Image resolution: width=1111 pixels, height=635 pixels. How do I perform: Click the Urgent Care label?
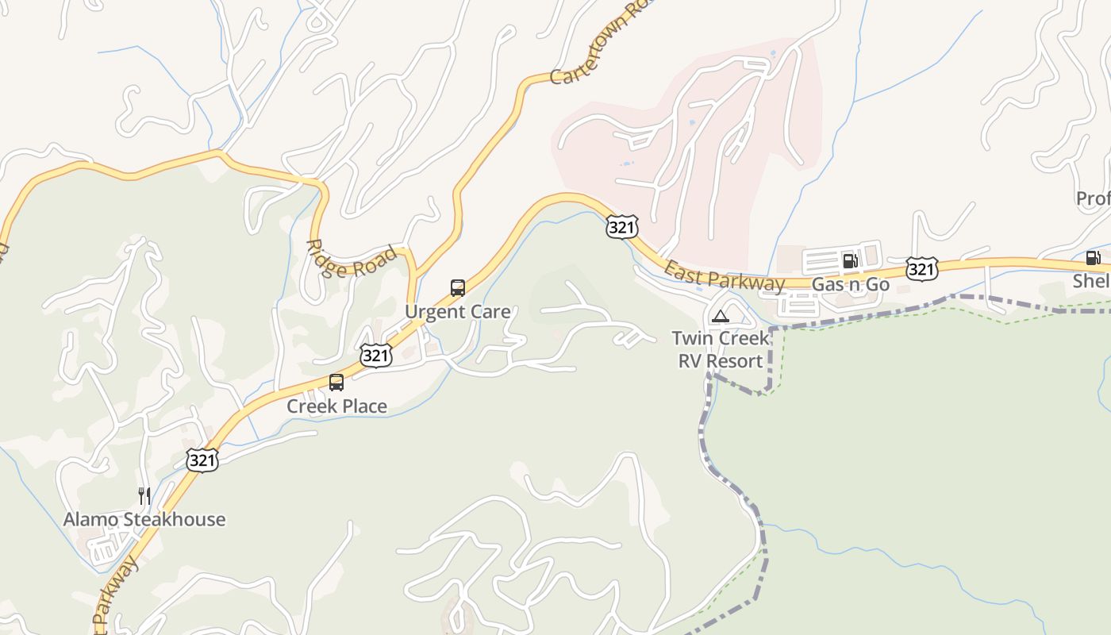tap(458, 312)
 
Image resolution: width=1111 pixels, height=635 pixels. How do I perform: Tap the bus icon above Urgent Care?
tap(458, 287)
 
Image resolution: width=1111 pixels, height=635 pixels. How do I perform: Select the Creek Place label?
tap(336, 406)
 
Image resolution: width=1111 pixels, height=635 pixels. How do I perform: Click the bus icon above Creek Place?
tap(336, 383)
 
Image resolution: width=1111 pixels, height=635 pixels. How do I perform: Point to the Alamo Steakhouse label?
tap(144, 520)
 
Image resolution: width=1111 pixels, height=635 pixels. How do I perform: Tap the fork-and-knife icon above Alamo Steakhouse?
tap(144, 496)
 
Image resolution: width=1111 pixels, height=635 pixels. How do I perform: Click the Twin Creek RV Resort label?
tap(721, 349)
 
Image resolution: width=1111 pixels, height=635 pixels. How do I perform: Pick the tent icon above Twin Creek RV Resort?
tap(720, 316)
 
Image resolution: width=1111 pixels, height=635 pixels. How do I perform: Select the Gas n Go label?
tap(850, 284)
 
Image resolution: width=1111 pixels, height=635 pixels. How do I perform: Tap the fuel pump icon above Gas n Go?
tap(850, 260)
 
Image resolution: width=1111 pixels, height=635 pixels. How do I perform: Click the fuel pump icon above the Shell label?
tap(1093, 257)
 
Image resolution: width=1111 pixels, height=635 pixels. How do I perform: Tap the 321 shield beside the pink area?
tap(621, 227)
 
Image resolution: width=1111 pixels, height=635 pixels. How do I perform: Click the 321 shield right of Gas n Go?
tap(921, 269)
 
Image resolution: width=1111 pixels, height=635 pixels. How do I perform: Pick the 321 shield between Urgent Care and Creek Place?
tap(375, 356)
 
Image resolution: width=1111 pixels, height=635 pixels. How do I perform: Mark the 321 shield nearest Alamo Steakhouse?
tap(202, 460)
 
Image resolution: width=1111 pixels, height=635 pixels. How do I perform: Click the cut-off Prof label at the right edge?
tap(1094, 198)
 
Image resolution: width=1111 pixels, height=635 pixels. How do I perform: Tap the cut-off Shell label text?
tap(1092, 281)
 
